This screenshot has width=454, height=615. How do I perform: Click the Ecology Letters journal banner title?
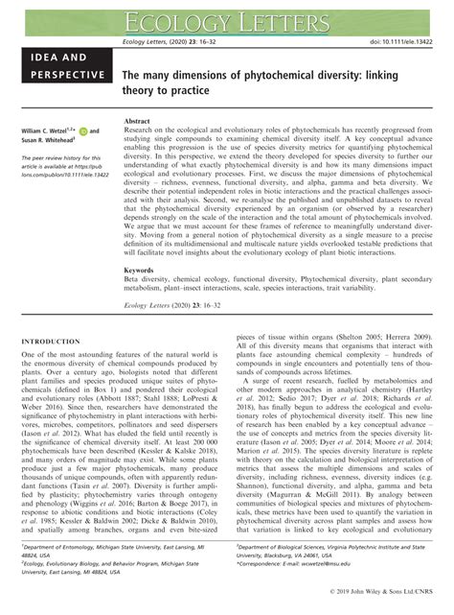[x=227, y=17]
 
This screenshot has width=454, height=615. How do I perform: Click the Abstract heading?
[x=141, y=123]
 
